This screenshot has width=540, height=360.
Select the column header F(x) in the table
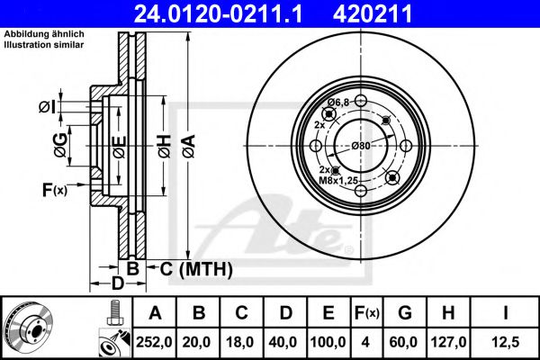click(x=368, y=313)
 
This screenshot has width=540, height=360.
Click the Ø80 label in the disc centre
click(x=361, y=145)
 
